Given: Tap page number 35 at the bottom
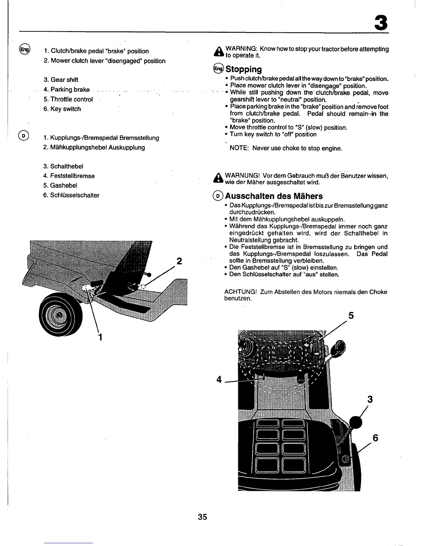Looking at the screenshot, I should [202, 517].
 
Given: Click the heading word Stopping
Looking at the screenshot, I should [243, 69].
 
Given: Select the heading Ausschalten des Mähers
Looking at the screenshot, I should [274, 196].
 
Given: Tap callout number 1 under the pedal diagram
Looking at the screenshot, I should [100, 336].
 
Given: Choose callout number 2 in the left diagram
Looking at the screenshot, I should [179, 261].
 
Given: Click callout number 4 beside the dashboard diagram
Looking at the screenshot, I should [219, 380].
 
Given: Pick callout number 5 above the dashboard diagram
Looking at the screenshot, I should [351, 316].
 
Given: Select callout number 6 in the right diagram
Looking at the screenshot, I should [375, 438].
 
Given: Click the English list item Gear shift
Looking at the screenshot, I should [64, 80].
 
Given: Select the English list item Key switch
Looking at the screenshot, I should [65, 109].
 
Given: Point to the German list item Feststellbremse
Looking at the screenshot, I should [72, 176].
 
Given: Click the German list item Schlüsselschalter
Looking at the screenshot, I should [74, 195].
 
